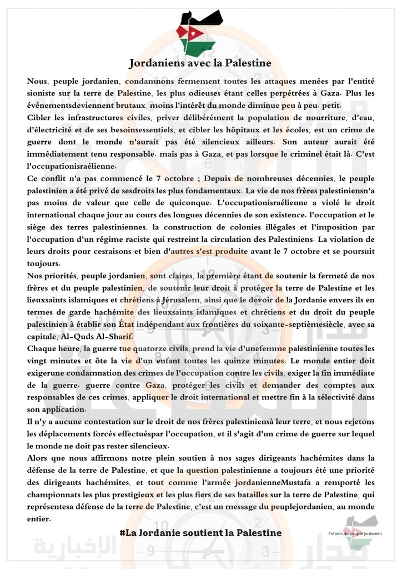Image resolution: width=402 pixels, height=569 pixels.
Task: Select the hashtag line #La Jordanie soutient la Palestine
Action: [200, 532]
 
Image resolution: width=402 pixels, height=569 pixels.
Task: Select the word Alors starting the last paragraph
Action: [39, 458]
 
